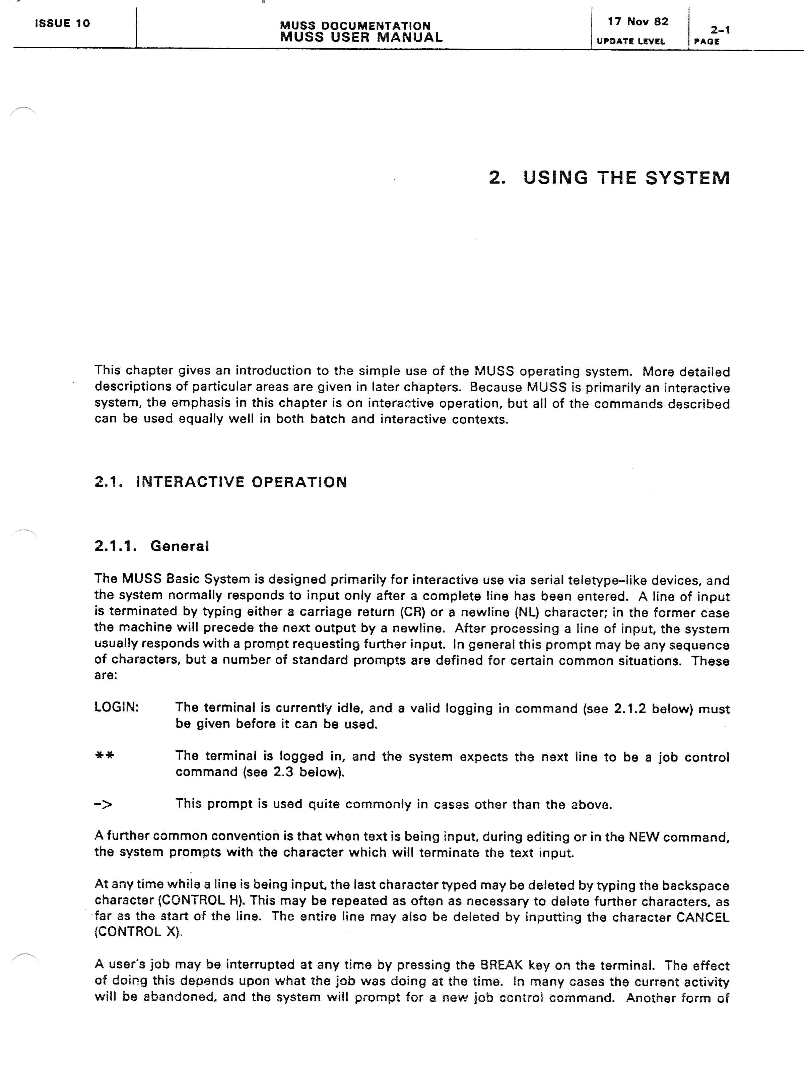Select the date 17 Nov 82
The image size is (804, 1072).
click(638, 22)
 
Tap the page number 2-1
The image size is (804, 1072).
click(720, 30)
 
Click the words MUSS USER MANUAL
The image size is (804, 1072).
click(361, 37)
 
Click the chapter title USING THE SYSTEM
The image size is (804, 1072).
click(626, 178)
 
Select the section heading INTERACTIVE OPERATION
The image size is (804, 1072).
click(241, 482)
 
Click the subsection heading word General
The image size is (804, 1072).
click(180, 546)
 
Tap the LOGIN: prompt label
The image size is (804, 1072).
click(116, 707)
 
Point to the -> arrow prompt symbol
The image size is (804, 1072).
click(103, 804)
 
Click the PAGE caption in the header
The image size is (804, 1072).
click(707, 42)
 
